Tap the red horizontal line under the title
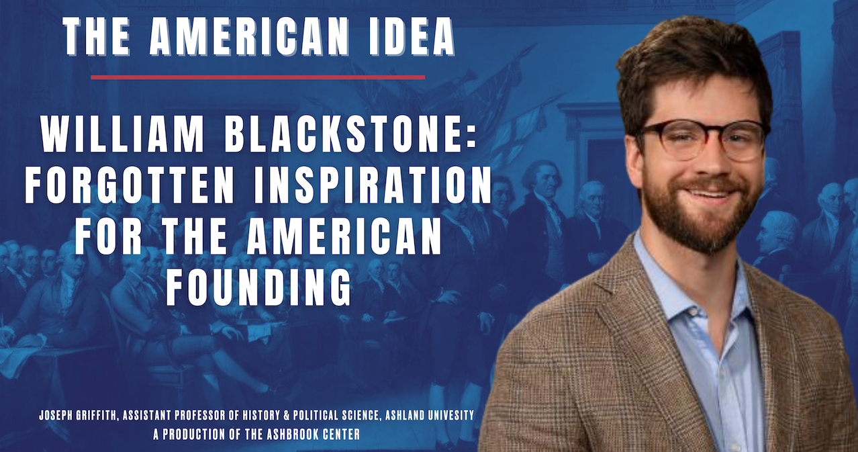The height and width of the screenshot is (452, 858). coord(258,77)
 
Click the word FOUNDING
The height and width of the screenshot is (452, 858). coord(258,287)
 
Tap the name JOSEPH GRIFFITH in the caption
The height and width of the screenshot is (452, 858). coord(78,415)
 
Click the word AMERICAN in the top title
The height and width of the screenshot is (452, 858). coord(249,37)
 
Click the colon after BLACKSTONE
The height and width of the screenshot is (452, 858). coord(471,137)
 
